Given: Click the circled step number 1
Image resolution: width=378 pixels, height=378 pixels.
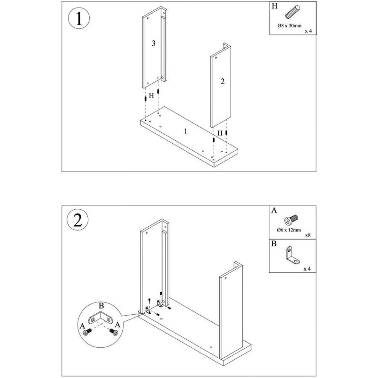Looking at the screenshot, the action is (x=79, y=18).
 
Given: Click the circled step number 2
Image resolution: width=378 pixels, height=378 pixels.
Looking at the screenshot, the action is (x=77, y=220).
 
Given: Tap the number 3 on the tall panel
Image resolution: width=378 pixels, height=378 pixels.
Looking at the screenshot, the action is (x=154, y=43).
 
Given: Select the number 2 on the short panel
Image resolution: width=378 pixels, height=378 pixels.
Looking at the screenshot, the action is (x=222, y=81).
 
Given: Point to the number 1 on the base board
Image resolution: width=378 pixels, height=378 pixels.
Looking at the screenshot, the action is (x=185, y=131).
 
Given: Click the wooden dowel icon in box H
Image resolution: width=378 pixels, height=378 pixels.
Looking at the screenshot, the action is (x=292, y=12).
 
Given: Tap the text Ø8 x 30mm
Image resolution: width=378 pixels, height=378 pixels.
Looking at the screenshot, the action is (x=289, y=26).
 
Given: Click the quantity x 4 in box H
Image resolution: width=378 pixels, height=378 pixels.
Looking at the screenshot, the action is (x=309, y=31).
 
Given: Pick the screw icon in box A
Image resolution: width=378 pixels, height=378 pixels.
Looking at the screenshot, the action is (x=291, y=220).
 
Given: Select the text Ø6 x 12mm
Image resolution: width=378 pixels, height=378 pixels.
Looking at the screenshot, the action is (x=289, y=230).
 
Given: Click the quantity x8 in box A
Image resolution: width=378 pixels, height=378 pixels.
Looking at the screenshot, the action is (x=308, y=235).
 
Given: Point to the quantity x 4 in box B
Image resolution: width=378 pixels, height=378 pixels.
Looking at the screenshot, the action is (x=307, y=269).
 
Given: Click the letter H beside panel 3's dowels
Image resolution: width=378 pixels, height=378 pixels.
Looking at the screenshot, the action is (x=151, y=96).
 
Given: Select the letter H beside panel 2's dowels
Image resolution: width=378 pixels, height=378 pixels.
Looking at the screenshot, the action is (x=220, y=133).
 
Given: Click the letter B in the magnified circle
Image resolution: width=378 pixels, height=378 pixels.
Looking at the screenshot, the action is (x=101, y=306).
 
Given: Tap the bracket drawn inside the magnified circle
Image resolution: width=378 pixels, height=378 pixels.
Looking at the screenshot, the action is (x=101, y=318).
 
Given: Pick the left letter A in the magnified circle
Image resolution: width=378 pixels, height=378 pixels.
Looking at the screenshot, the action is (x=82, y=326).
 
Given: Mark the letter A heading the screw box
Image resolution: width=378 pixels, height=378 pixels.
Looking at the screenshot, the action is (x=274, y=210).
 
